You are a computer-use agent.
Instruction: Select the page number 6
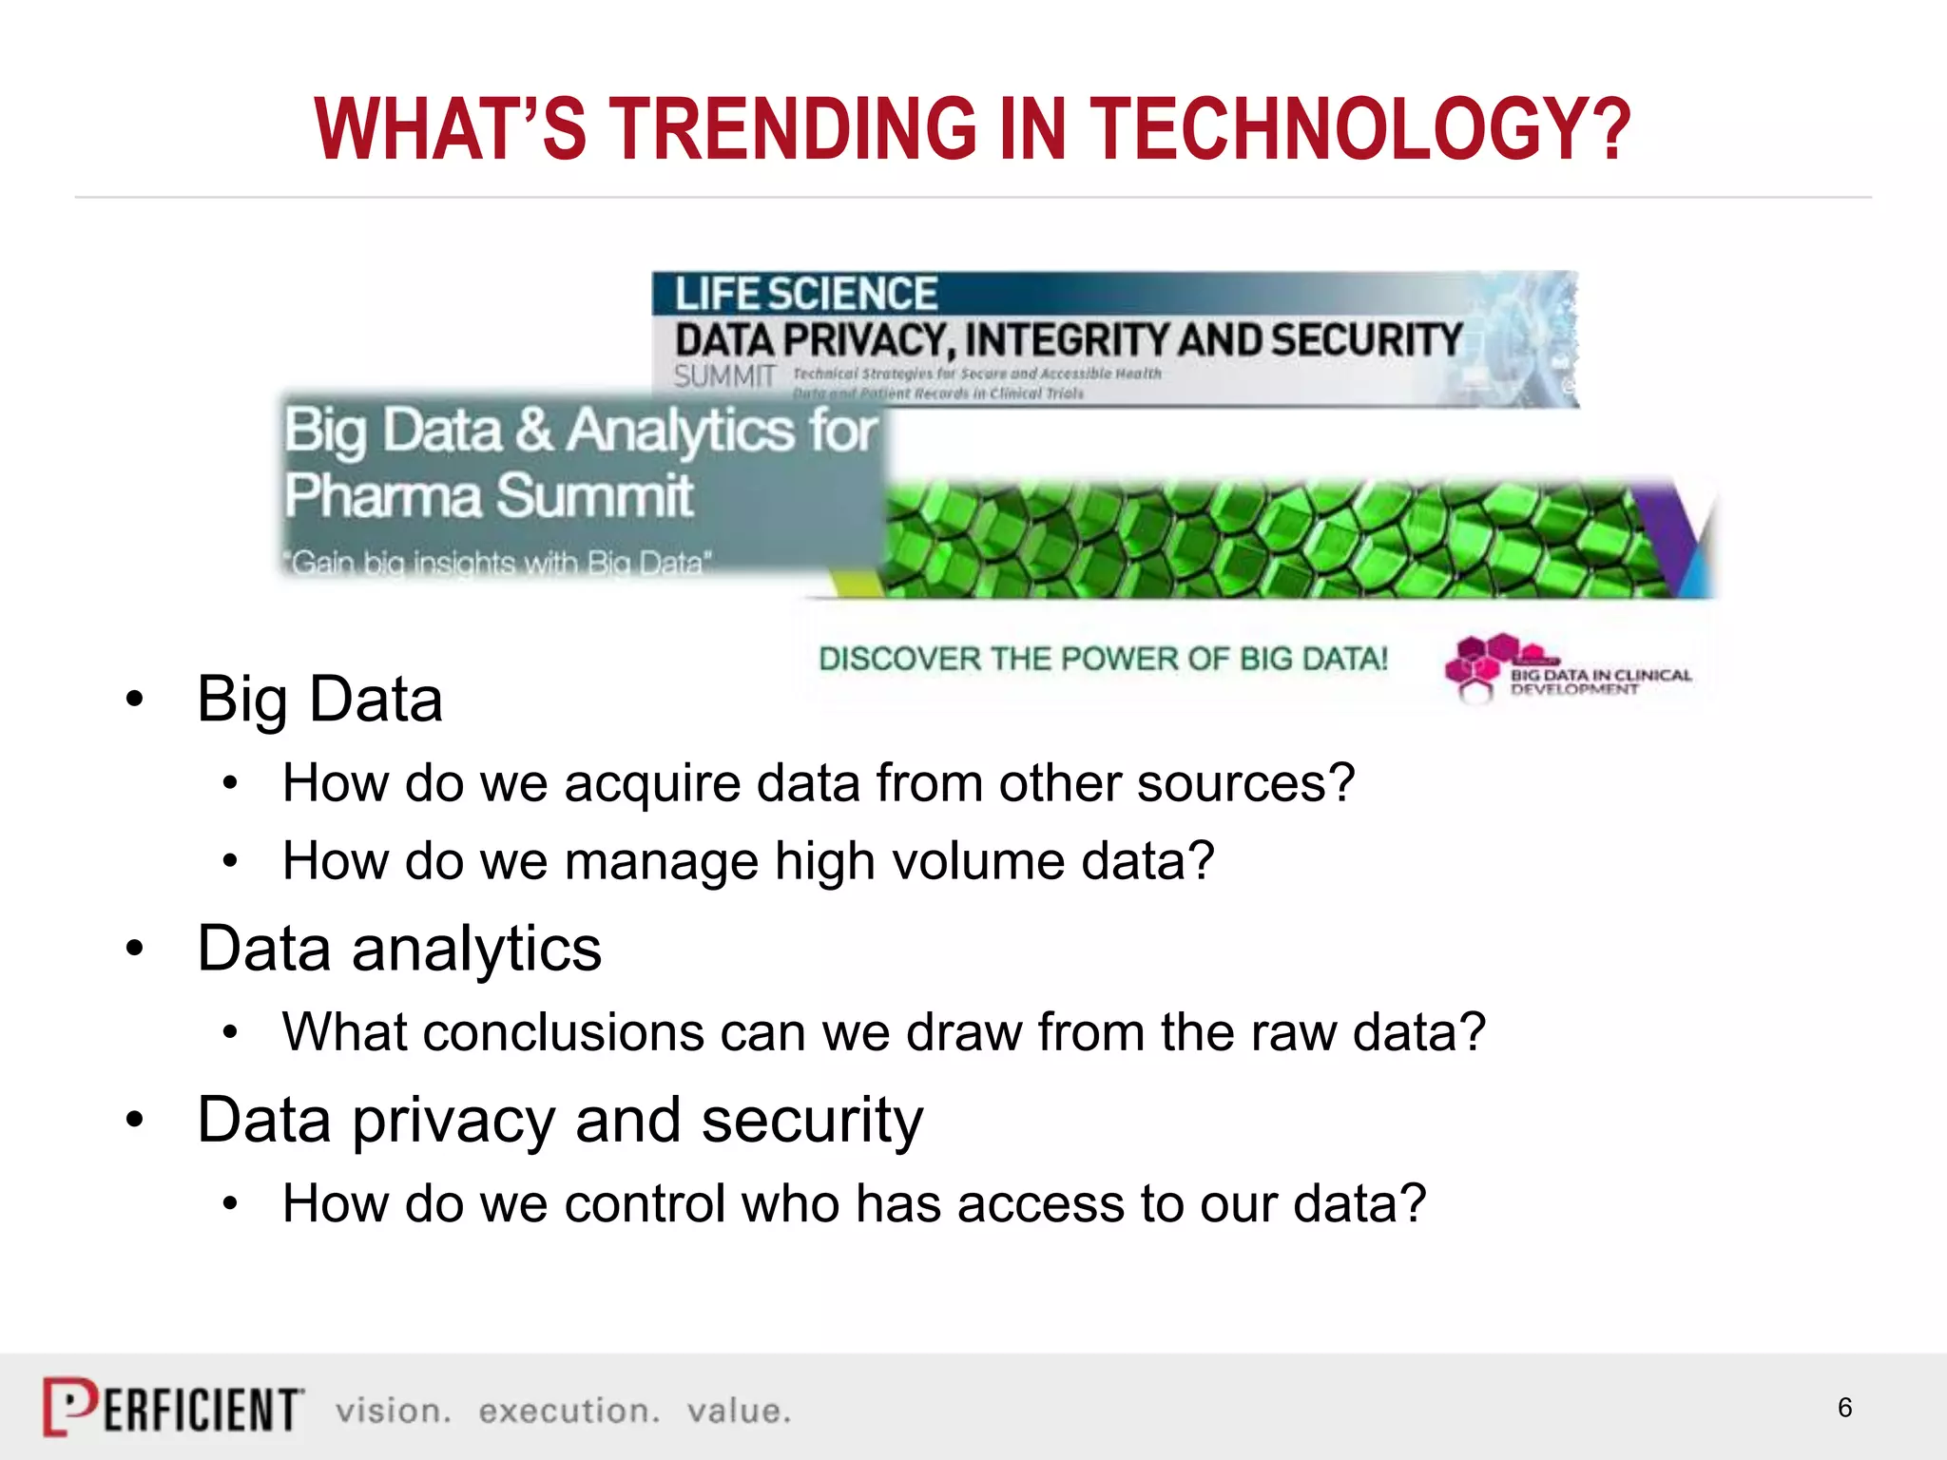1844,1408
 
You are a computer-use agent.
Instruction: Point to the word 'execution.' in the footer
569,1411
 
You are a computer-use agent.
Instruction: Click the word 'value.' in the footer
739,1411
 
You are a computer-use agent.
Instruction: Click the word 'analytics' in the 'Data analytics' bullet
476,949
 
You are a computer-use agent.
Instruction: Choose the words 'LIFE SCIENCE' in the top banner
806,294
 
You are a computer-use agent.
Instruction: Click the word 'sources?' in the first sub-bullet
1245,785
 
